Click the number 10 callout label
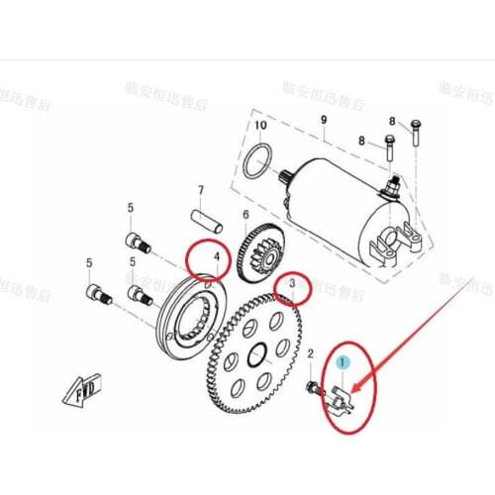pos(260,126)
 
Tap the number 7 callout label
pos(199,190)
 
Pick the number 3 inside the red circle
pos(292,286)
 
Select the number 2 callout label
pos(310,353)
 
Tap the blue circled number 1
pos(343,364)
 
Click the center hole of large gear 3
pos(257,351)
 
